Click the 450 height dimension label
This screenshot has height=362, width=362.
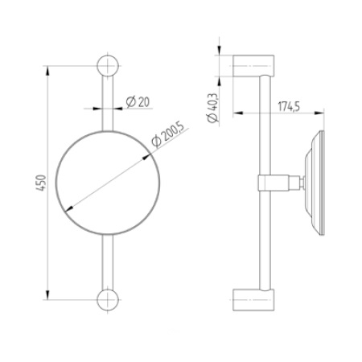click(41, 183)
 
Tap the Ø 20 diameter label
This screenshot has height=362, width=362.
click(138, 102)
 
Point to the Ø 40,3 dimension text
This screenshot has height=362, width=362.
click(212, 108)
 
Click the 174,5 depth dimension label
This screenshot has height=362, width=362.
click(289, 106)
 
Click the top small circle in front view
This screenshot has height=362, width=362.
click(108, 66)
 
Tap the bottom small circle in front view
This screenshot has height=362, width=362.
click(108, 300)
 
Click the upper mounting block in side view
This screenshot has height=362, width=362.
click(253, 66)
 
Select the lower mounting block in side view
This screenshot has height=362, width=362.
click(253, 300)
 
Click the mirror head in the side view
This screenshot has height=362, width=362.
click(315, 183)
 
